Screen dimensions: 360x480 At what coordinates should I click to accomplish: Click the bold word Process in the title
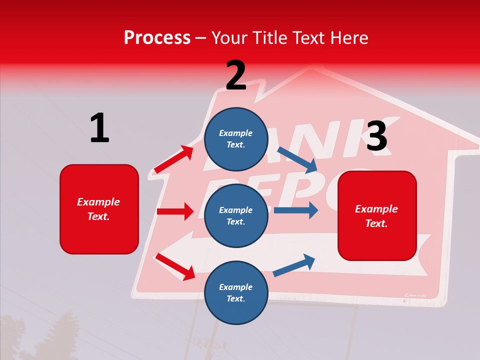157,38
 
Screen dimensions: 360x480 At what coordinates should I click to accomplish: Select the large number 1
99,128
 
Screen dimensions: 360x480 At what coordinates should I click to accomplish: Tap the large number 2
236,75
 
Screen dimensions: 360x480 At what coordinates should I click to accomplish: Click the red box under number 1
99,209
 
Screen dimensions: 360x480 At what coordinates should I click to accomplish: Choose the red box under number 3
377,215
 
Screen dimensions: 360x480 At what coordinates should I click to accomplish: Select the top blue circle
235,138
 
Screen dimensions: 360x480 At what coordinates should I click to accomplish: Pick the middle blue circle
235,215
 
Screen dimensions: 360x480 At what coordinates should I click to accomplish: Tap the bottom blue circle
235,292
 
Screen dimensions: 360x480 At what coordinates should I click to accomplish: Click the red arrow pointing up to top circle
174,159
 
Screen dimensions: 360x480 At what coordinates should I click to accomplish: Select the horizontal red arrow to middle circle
175,211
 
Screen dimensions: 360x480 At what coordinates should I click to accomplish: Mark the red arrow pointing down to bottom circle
175,266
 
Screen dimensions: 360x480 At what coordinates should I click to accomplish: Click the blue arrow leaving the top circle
297,159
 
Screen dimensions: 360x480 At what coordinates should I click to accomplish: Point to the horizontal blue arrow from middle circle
296,210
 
